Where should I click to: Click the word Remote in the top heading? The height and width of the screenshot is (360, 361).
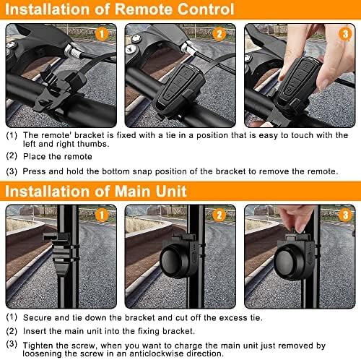[144, 9]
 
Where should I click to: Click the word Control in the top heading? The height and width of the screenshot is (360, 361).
[206, 9]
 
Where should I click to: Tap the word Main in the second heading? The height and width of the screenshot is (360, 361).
[132, 192]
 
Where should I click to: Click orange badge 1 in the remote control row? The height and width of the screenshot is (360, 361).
[102, 34]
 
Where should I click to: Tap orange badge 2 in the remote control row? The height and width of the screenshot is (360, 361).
[219, 34]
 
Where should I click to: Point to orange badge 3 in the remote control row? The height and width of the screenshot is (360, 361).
[345, 34]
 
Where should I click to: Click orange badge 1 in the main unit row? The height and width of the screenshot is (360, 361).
[102, 215]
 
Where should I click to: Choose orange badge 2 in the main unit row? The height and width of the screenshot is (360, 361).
[219, 215]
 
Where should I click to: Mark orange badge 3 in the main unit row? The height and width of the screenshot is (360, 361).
[345, 215]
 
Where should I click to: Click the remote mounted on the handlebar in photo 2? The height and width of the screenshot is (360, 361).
[178, 89]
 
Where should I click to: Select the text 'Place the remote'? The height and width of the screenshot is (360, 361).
[58, 157]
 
